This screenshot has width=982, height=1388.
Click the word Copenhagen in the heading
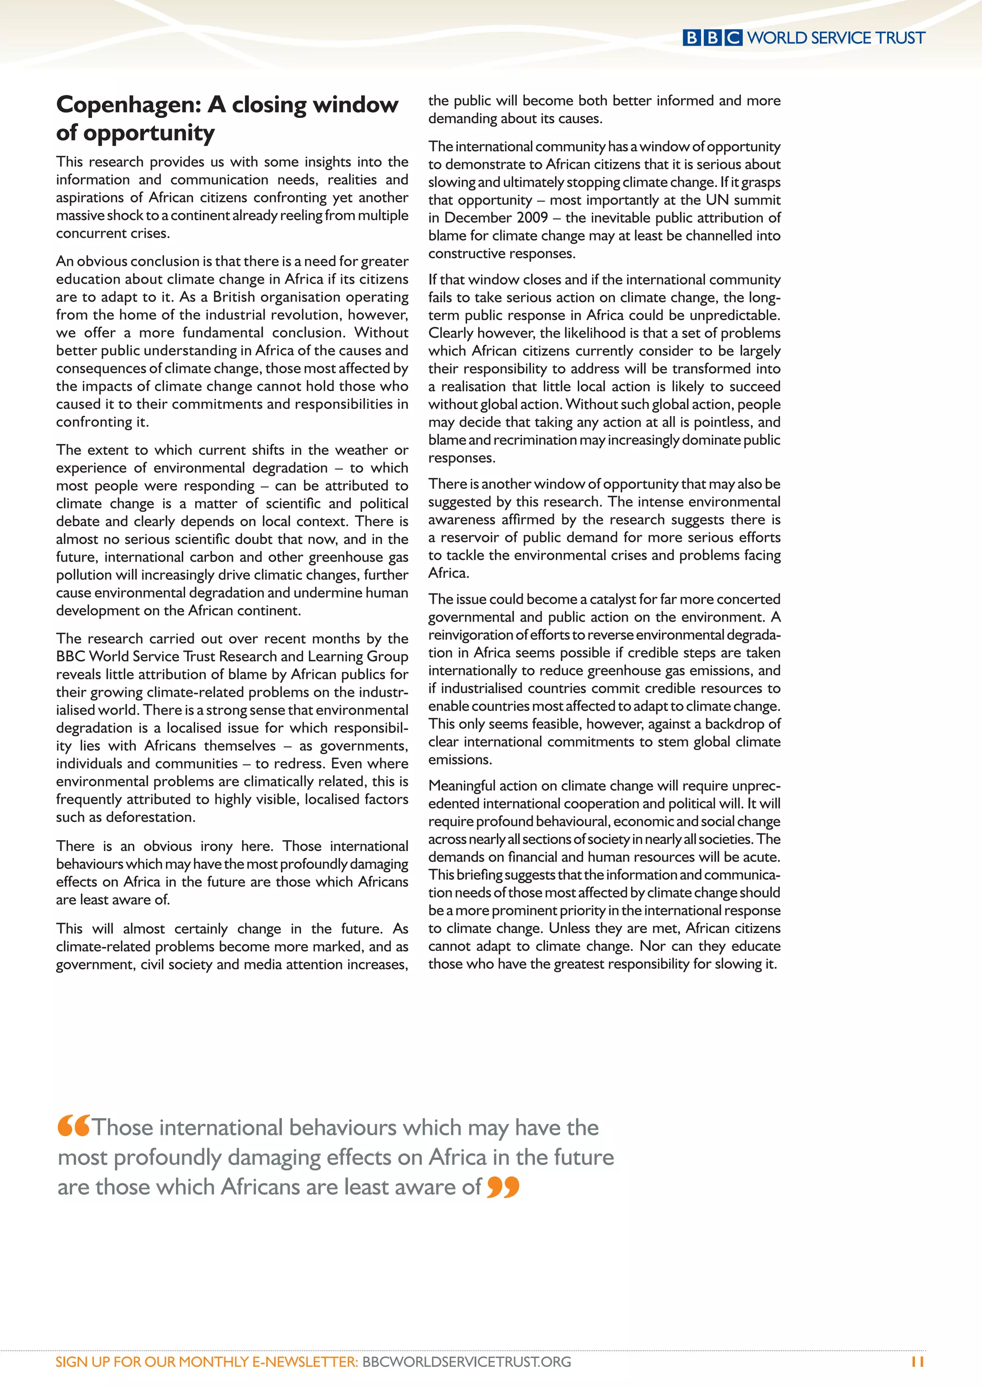pos(128,105)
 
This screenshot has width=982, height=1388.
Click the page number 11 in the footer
pos(917,1362)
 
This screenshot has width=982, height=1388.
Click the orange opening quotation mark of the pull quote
pos(74,1126)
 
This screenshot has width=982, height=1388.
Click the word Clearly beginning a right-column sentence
pos(451,333)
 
